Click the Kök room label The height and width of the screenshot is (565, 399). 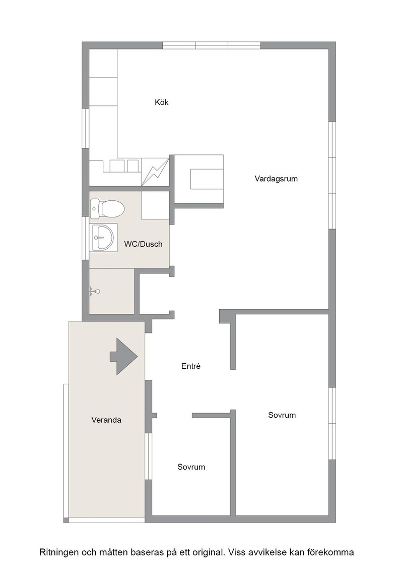[162, 102]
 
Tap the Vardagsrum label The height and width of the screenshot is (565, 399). [276, 179]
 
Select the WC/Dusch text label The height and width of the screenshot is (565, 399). [143, 244]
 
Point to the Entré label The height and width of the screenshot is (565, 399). [191, 366]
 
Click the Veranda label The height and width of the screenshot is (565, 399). [106, 420]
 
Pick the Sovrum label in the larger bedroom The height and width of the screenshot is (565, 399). [282, 415]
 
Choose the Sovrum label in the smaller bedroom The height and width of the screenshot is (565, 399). [191, 467]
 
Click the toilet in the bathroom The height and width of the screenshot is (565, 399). [107, 209]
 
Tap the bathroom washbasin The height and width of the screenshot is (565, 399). [103, 238]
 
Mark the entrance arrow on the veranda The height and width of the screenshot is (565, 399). [124, 356]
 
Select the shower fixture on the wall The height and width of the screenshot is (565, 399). [94, 291]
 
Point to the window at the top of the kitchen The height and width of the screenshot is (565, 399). [212, 45]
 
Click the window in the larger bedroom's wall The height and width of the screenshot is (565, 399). [332, 423]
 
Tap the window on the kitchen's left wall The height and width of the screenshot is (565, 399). [85, 128]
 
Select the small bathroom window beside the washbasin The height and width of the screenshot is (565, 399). [85, 238]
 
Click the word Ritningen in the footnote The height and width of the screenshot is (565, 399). [58, 552]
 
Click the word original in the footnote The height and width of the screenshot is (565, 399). [209, 552]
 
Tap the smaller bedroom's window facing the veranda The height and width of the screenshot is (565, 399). [149, 456]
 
